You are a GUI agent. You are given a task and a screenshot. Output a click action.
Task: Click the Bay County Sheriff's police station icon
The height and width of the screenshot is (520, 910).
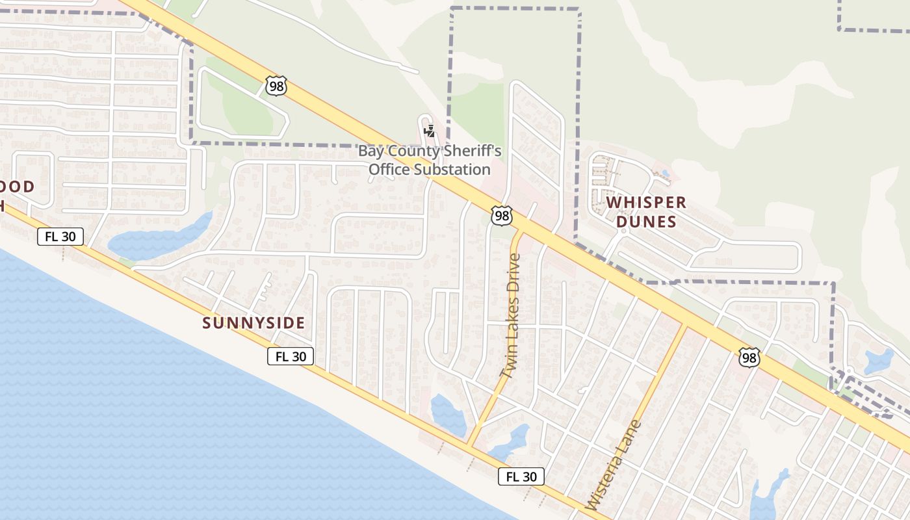429,131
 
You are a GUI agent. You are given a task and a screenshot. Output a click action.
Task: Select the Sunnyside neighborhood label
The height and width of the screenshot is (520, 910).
253,323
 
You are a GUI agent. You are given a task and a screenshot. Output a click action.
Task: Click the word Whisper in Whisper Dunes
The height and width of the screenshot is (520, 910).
646,203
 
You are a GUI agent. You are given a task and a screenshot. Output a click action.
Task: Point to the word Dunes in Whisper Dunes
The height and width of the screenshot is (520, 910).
646,222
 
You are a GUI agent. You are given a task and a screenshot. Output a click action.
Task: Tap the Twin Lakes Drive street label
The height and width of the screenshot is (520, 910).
511,316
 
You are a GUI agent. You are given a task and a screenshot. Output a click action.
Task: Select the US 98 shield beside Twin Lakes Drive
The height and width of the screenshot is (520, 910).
501,216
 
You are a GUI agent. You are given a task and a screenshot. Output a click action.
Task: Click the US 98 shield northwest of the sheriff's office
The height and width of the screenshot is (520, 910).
276,86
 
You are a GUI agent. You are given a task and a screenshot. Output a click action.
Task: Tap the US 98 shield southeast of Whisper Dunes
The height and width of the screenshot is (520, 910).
749,357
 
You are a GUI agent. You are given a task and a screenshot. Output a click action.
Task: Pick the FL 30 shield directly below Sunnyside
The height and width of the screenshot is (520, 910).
291,356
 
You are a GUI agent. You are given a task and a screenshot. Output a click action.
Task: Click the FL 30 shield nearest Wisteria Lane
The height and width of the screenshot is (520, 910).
521,476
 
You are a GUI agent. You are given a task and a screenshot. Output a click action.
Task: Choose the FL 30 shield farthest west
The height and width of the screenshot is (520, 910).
60,237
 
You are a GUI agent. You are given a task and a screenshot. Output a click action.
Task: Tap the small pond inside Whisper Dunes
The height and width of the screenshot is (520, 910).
664,174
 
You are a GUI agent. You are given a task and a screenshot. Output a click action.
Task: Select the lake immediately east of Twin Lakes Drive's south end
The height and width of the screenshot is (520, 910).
511,441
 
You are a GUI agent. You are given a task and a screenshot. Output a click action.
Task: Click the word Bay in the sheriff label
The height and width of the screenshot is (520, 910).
371,151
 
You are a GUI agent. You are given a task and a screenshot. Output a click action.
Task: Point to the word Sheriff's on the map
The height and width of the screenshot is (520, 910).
473,151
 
